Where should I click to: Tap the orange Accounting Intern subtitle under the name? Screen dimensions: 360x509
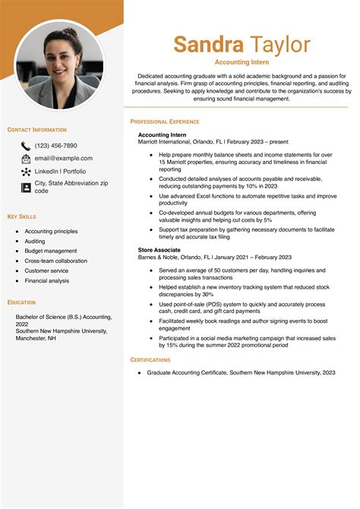(242, 62)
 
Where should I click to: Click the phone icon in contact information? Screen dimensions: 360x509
(26, 145)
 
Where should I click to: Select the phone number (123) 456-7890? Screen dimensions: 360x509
(55, 145)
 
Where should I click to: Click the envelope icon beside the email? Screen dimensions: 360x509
(26, 158)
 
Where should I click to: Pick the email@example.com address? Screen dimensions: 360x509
(64, 158)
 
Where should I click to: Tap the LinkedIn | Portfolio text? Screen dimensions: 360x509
(63, 172)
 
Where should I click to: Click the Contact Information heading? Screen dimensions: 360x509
(37, 130)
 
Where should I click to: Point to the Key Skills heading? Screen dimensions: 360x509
(22, 217)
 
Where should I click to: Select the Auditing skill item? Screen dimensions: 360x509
(35, 241)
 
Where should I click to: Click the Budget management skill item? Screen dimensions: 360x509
(50, 251)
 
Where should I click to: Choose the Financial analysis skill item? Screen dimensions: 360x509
(46, 280)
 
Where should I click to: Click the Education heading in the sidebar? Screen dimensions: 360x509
(21, 302)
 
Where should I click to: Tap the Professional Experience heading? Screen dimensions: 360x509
(165, 122)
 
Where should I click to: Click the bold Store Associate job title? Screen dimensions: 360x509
(159, 249)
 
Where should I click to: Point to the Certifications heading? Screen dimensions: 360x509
(150, 359)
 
